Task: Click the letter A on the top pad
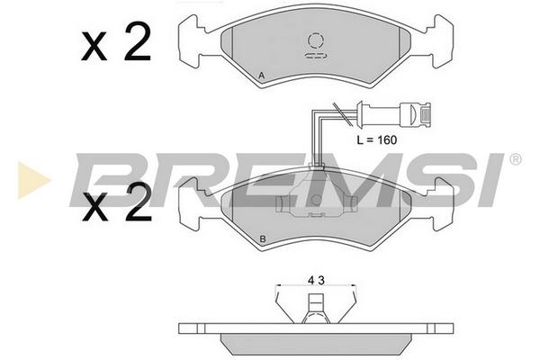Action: click(x=261, y=76)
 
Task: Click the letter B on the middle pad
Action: click(x=263, y=238)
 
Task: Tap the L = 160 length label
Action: click(x=377, y=139)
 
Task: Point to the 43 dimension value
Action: click(x=316, y=281)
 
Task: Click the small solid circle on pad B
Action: click(x=316, y=200)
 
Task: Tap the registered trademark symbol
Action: click(x=515, y=159)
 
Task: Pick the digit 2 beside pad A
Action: click(x=138, y=41)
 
